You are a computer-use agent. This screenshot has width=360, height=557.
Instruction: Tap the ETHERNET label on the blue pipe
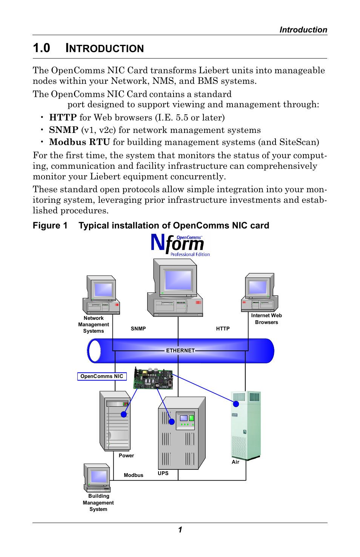180,350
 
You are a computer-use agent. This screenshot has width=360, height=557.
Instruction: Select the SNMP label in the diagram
138,329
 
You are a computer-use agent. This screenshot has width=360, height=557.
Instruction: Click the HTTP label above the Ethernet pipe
223,329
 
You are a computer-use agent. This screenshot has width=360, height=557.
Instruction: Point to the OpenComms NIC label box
102,376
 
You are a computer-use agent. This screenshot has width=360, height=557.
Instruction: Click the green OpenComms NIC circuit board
153,378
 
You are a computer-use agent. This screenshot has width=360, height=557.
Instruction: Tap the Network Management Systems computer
102,295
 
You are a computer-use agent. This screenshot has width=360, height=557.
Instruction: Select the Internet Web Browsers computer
260,293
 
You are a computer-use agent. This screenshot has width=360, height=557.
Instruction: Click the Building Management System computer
97,478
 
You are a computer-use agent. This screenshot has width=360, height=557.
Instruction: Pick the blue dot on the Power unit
124,414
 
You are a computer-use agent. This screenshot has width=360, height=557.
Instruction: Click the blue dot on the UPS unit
172,422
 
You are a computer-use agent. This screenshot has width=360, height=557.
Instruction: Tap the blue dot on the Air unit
236,404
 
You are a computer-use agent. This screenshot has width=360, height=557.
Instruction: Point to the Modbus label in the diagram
134,475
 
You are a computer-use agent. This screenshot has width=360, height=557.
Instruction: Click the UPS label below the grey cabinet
163,473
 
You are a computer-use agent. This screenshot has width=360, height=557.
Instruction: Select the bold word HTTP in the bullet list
63,117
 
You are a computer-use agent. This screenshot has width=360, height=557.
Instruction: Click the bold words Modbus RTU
79,142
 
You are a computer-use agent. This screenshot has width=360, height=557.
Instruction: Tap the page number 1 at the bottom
180,530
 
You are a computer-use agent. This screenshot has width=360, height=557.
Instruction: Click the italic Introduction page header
303,30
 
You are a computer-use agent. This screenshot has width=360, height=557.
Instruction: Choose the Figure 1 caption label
50,225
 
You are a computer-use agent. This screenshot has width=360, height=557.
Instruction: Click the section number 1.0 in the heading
42,48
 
